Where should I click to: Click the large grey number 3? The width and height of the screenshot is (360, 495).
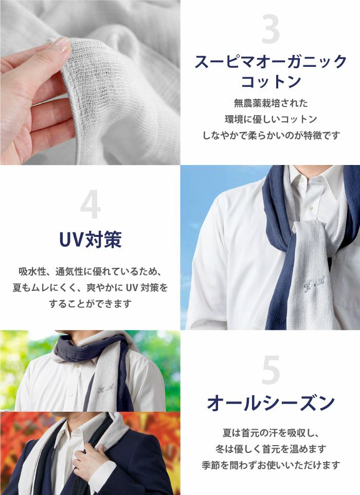(271, 30)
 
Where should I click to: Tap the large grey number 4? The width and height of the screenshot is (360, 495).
(91, 206)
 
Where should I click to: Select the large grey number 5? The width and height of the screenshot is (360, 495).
(271, 370)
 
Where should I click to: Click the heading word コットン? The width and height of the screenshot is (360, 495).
(271, 81)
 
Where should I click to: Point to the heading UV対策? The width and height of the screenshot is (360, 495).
(91, 240)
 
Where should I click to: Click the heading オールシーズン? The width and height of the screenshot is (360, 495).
(271, 403)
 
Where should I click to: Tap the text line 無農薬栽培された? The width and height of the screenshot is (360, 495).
(271, 103)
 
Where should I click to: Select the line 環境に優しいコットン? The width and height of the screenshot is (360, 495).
(271, 119)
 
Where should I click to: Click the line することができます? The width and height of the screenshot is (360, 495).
(91, 304)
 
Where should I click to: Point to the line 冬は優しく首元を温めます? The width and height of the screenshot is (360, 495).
(271, 449)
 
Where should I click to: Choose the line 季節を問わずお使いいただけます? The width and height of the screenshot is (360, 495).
(271, 465)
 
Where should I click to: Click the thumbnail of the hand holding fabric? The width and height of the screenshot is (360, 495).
(90, 82)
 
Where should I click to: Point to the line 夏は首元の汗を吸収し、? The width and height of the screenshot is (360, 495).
(271, 432)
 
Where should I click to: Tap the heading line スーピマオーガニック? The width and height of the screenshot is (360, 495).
(271, 62)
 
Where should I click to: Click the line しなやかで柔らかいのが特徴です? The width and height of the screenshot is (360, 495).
(271, 135)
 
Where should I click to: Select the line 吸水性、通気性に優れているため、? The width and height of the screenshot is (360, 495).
(91, 271)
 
